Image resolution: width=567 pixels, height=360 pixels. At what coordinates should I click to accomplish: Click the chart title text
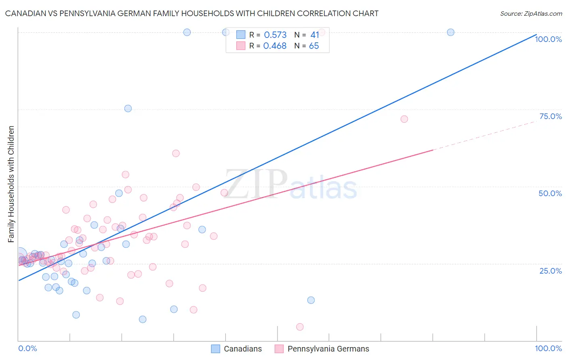192,13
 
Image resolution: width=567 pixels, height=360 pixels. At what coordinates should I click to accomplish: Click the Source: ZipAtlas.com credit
531,13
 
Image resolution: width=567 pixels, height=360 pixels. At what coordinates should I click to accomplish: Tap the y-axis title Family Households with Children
11,184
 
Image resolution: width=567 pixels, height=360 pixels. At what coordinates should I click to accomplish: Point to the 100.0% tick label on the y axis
548,39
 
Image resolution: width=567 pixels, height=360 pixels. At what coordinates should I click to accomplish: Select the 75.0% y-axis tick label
550,116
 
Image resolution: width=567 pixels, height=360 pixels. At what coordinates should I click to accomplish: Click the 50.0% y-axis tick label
550,193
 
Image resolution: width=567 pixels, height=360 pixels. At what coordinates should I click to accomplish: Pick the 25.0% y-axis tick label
550,271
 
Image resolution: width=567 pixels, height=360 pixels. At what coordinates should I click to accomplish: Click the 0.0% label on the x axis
27,348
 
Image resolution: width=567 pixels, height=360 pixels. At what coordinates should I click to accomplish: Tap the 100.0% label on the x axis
548,348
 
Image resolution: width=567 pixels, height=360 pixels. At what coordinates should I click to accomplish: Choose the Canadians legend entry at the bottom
237,349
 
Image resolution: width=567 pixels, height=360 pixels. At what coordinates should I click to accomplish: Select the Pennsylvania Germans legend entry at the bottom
322,349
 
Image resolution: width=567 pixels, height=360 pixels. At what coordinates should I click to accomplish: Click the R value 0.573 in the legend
275,35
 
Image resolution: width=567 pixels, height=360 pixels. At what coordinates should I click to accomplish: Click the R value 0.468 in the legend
275,46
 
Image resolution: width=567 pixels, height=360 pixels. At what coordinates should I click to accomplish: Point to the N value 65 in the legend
314,46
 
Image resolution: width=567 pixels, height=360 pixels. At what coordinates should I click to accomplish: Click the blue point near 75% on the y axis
128,109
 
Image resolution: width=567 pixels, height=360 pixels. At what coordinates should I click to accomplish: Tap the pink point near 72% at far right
404,119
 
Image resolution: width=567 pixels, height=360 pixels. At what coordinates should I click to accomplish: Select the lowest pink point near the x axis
300,327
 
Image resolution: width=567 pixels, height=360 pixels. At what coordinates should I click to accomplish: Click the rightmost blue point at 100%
450,32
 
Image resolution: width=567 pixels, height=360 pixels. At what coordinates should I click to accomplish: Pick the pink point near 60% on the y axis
176,153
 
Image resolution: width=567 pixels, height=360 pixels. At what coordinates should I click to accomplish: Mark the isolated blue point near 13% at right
311,300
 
